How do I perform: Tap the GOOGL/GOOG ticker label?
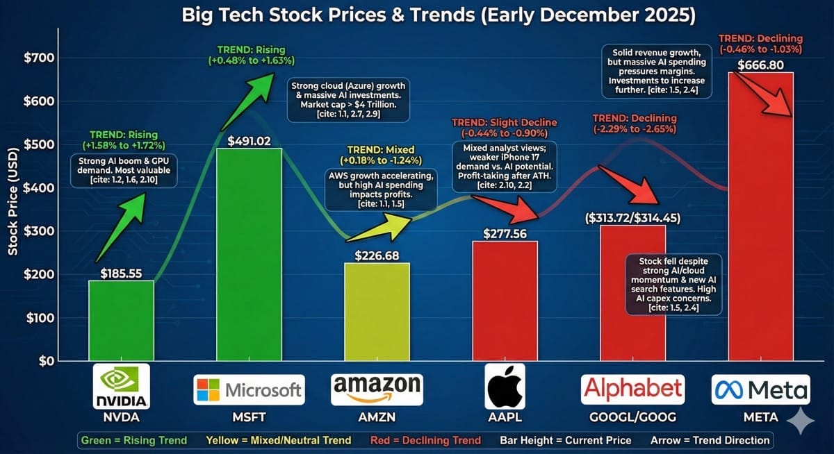click(x=632, y=418)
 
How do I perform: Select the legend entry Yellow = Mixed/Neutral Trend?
click(x=278, y=440)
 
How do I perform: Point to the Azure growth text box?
click(x=349, y=99)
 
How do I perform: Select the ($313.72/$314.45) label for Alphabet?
click(x=634, y=217)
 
